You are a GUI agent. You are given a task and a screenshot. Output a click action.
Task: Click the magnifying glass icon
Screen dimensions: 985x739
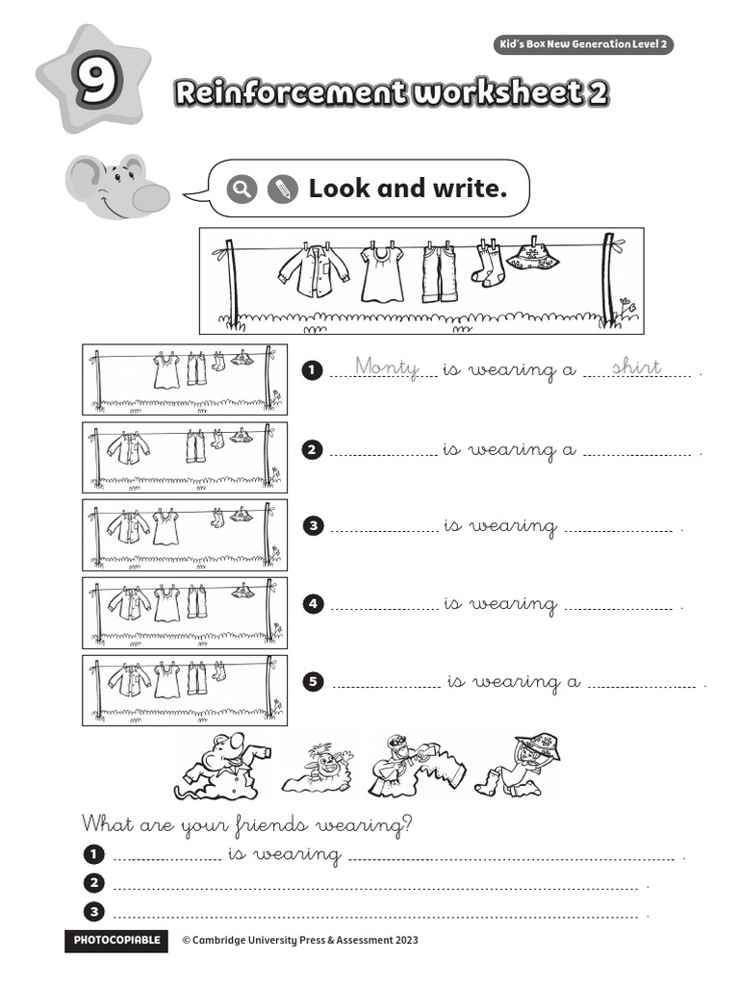tap(242, 189)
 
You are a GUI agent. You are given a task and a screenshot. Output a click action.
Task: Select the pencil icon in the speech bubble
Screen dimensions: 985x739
tap(282, 189)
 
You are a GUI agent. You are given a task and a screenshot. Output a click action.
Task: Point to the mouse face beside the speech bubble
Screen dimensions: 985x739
tap(117, 187)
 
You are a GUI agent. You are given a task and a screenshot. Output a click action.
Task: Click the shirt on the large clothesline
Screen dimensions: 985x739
tap(314, 272)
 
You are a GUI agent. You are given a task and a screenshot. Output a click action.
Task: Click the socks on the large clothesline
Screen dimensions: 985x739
tap(487, 264)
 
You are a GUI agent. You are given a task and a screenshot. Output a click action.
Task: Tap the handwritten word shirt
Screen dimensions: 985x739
tap(636, 366)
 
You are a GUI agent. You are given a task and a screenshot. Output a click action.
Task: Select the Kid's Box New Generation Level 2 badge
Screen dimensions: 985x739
tap(583, 45)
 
